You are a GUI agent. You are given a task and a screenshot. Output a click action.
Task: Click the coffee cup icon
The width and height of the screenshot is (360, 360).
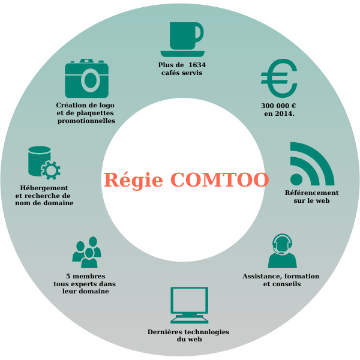(182, 40)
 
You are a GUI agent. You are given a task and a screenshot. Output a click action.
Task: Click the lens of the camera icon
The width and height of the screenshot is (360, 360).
(91, 80)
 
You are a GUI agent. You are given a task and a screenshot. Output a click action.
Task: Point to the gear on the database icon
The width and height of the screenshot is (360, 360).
(51, 170)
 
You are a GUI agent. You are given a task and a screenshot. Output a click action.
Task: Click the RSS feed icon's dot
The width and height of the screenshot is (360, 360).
(296, 179)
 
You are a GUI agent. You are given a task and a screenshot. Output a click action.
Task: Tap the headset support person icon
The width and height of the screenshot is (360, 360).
(282, 251)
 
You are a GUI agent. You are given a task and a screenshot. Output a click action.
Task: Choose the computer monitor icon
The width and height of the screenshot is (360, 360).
(190, 305)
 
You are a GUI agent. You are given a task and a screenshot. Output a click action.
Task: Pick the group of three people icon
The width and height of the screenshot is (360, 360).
(86, 252)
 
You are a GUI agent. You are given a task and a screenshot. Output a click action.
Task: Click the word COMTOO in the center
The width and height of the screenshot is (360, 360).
(220, 180)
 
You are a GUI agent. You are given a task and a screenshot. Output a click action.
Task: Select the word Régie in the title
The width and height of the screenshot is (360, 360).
(133, 180)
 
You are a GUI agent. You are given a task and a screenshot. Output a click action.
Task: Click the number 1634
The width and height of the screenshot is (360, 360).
(197, 65)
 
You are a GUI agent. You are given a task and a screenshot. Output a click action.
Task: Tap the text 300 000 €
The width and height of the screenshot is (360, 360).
(278, 106)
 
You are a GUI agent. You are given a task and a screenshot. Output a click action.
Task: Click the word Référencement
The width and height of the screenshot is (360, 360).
(312, 193)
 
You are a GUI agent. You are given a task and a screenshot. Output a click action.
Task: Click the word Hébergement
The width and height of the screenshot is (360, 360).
(44, 188)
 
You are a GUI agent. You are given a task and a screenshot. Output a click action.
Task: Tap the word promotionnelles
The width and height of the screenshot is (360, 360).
(86, 121)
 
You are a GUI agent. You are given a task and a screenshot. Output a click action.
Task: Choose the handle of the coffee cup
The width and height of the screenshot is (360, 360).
(200, 33)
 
